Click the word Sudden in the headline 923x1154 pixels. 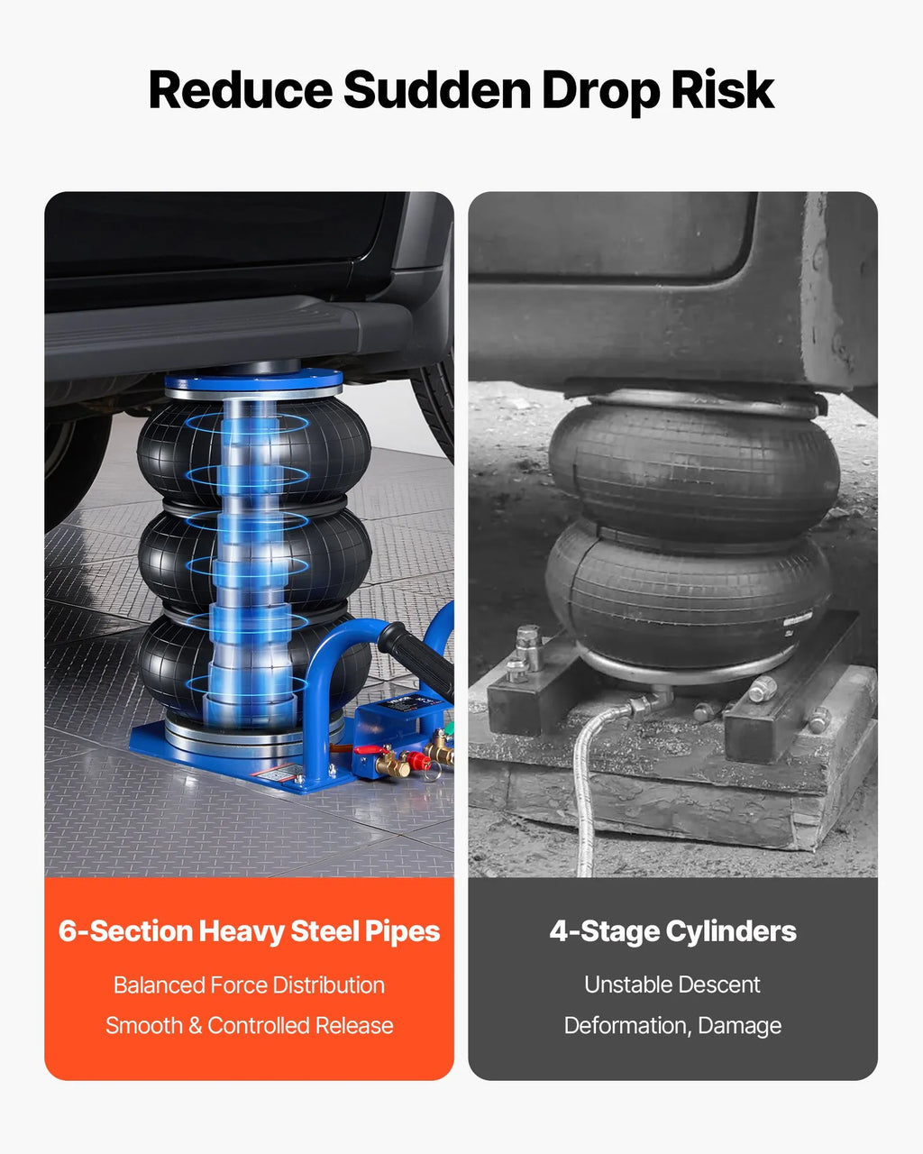[437, 89]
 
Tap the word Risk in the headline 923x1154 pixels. [722, 89]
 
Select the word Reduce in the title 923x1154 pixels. [241, 89]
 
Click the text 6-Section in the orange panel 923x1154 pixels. [125, 931]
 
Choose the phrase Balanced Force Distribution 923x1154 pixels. [249, 985]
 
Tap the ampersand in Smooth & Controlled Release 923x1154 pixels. [196, 1026]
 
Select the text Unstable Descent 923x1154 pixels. [672, 985]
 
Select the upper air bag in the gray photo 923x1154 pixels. [693, 469]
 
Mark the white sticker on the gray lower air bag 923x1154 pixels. [800, 621]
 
